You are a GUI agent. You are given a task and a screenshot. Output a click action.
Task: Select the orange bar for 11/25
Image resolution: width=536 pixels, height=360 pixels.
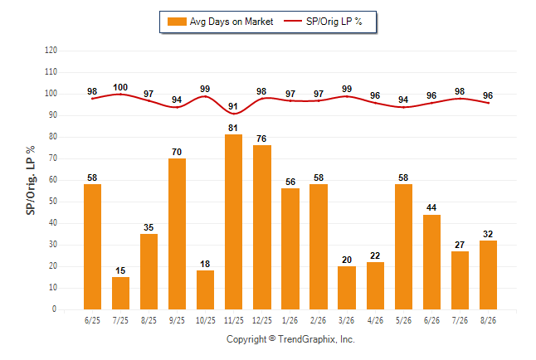click(233, 221)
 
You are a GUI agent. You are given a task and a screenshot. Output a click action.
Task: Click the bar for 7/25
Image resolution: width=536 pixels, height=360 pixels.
click(120, 294)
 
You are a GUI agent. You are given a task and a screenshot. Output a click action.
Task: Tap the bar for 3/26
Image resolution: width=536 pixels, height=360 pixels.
click(347, 288)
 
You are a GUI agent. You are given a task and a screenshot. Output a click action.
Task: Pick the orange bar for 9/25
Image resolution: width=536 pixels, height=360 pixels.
click(177, 234)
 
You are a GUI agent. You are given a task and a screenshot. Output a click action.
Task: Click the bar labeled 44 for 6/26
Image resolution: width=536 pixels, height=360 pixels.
click(431, 262)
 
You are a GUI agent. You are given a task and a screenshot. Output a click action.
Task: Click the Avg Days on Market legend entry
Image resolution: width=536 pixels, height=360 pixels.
click(220, 22)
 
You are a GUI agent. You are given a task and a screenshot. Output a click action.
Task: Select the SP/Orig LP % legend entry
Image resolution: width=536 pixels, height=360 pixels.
click(323, 22)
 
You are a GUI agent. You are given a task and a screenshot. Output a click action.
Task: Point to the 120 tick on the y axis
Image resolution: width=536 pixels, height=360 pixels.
click(51, 51)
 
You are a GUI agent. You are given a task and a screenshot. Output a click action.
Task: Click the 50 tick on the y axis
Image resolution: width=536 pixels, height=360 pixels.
click(53, 202)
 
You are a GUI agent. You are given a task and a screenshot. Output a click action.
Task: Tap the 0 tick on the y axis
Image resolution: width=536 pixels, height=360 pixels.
click(55, 309)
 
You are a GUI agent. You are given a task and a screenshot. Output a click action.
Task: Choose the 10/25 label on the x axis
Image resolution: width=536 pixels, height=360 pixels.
click(206, 320)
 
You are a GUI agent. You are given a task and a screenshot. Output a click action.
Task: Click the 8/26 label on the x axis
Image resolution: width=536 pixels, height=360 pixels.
click(488, 320)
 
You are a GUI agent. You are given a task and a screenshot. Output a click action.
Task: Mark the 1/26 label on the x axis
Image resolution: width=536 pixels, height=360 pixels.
click(290, 320)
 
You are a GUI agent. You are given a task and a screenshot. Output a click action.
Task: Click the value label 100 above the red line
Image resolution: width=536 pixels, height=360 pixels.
click(120, 88)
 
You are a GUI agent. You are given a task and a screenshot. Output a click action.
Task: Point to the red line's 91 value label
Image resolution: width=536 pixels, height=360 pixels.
click(233, 106)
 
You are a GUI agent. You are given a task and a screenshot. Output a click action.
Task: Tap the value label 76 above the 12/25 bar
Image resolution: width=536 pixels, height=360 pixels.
click(261, 139)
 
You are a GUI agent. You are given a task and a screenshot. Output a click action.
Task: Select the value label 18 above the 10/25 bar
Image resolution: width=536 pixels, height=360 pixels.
click(205, 264)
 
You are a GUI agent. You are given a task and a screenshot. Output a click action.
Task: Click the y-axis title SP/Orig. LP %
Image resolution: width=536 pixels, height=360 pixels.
click(31, 180)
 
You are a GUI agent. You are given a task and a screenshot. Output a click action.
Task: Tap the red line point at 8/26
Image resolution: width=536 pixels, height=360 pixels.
click(488, 103)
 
